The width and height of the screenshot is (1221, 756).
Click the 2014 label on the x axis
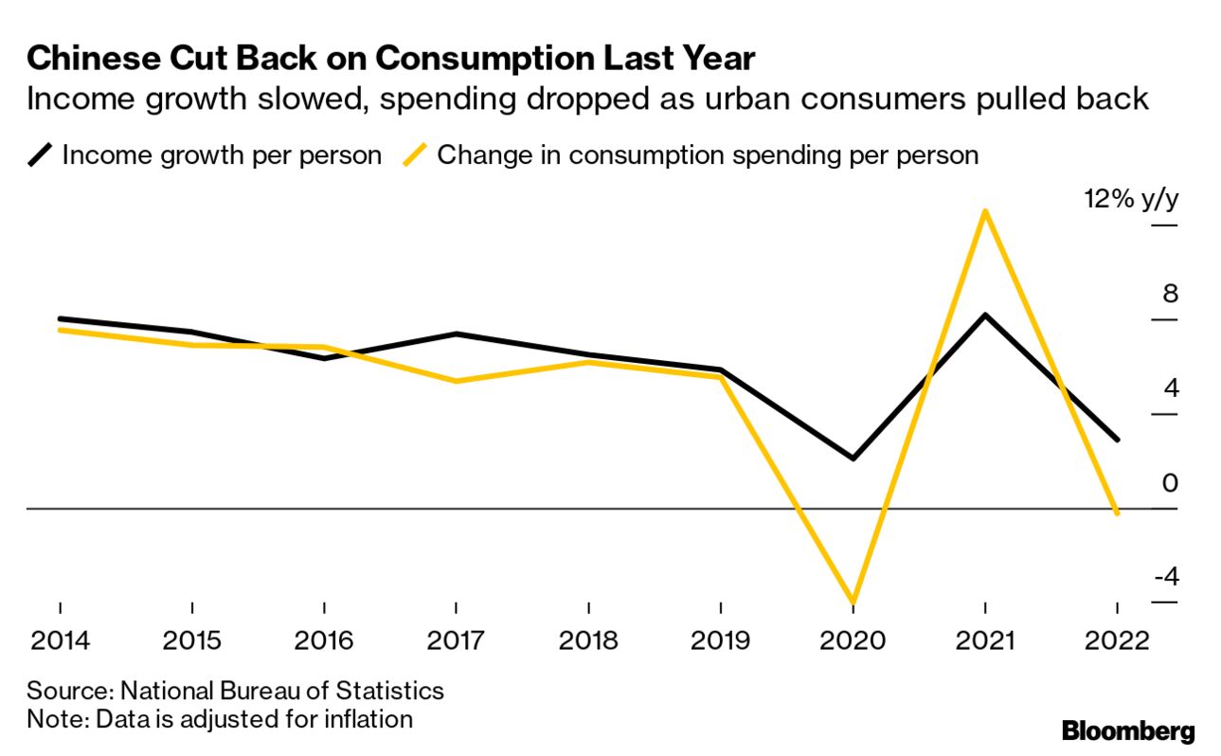[60, 639]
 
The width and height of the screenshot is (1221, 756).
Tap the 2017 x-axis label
[457, 639]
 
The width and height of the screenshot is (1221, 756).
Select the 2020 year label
[853, 639]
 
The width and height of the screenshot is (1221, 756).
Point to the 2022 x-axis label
[1118, 639]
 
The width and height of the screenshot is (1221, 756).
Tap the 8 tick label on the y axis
[1171, 294]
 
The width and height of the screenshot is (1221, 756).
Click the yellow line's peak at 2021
[986, 210]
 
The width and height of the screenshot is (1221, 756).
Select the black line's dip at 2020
[853, 459]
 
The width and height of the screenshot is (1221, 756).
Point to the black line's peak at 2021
[986, 315]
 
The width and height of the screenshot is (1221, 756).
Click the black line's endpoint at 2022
[1118, 440]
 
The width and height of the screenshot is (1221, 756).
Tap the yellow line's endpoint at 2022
[1118, 513]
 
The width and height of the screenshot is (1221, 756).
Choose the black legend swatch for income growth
[41, 154]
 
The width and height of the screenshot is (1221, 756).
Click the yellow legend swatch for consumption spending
[415, 154]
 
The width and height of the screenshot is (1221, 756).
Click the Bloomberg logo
[1128, 730]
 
